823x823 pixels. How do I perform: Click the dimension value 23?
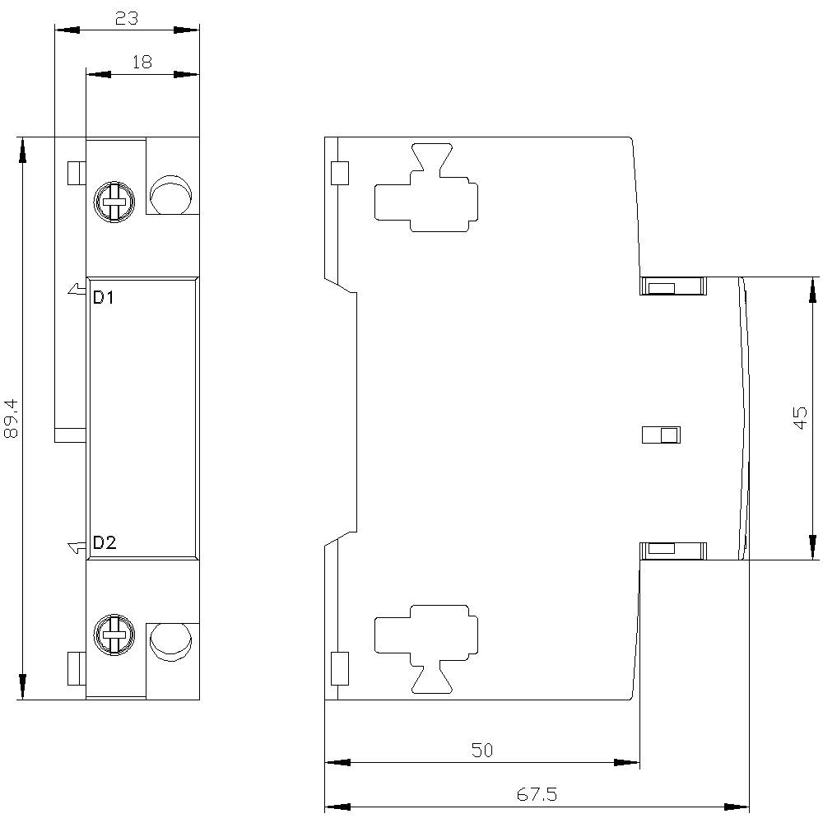126,18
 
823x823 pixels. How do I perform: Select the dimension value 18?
142,63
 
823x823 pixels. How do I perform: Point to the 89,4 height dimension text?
12,417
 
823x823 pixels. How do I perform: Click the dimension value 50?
482,750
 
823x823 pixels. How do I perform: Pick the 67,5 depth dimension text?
537,795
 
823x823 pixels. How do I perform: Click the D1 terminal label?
104,298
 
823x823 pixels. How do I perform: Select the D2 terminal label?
105,542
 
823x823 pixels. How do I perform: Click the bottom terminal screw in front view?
114,635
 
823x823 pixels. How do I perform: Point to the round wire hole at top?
170,194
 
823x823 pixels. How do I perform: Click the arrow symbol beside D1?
76,289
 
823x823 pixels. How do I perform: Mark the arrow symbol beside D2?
76,546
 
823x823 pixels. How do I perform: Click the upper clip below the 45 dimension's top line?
673,286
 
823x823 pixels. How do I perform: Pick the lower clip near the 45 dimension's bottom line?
673,549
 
